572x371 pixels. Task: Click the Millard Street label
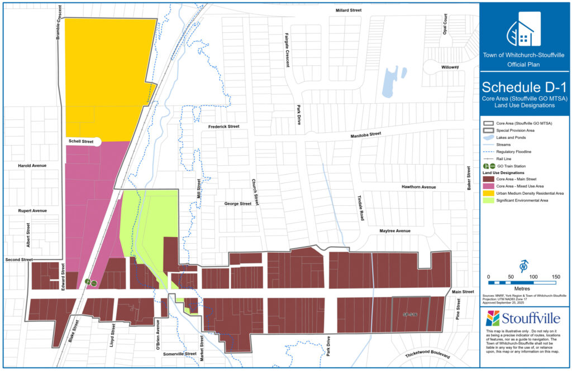click(x=349, y=11)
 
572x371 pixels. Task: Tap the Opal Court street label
click(x=445, y=38)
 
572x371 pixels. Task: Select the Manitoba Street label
click(x=365, y=134)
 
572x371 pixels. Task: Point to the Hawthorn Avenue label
click(x=417, y=187)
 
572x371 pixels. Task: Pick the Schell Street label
click(x=81, y=142)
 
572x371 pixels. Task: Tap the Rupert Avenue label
click(x=32, y=210)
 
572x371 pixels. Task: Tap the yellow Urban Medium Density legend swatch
click(x=489, y=193)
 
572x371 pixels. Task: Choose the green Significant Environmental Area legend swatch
click(x=489, y=200)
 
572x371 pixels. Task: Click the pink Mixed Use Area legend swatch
click(x=489, y=186)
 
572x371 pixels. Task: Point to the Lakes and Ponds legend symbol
click(x=489, y=137)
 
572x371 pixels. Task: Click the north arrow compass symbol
click(x=524, y=266)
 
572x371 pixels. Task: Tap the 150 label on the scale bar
click(x=556, y=277)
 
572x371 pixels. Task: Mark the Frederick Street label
click(x=223, y=127)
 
